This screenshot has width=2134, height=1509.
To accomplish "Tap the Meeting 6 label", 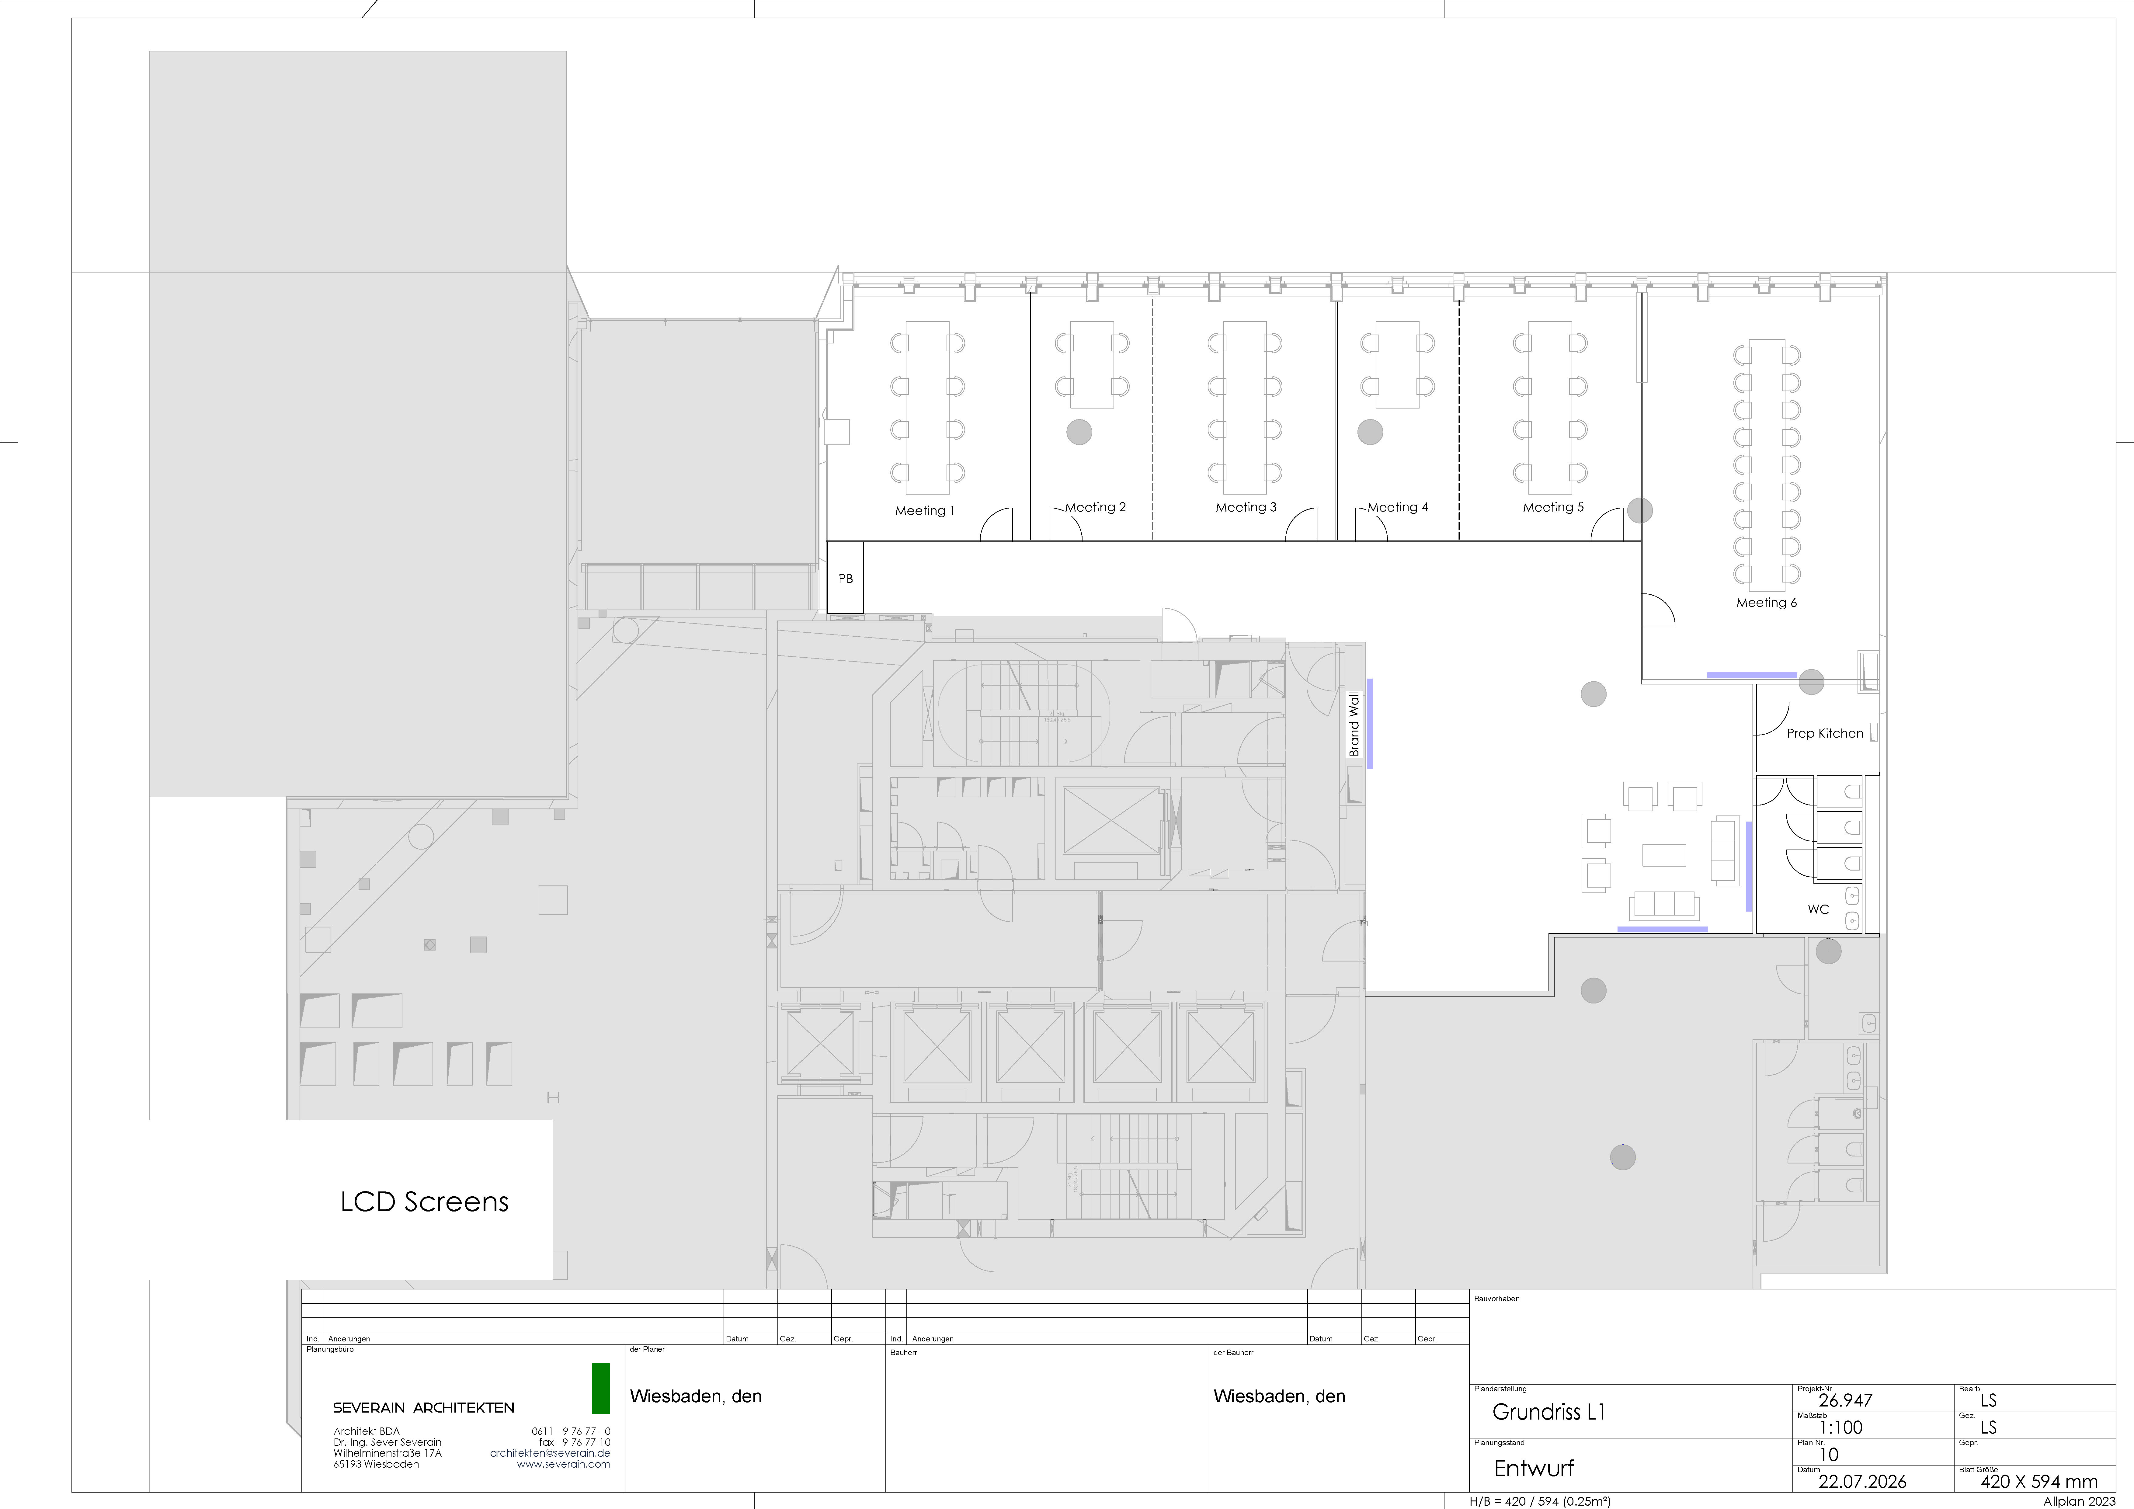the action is point(1766,603).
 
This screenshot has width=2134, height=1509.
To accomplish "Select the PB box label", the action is point(845,578).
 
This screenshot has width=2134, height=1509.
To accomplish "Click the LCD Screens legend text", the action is point(425,1202).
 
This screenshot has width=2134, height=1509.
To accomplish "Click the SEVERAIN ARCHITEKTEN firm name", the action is point(424,1408).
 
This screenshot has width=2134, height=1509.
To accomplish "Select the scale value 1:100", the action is point(1840,1427).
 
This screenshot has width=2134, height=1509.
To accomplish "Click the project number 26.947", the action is point(1845,1400).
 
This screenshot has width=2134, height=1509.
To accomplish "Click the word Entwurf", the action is point(1534,1468).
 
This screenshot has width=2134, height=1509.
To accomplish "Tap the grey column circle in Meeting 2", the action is point(1079,431).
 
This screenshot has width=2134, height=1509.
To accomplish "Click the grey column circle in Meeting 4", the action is point(1370,431).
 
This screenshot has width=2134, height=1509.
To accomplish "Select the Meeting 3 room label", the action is point(1246,507).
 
